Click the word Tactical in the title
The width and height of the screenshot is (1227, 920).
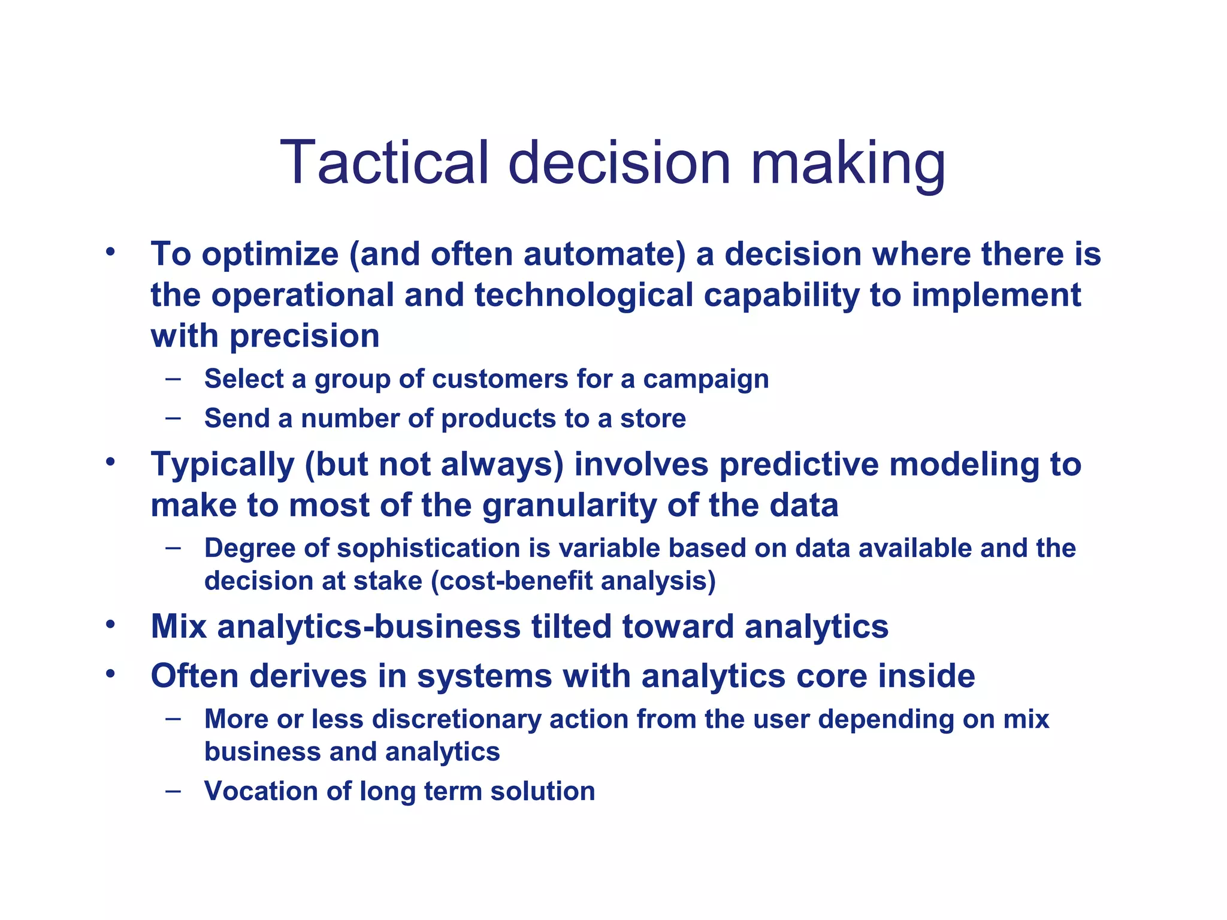pos(384,163)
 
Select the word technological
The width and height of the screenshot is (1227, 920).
pos(584,295)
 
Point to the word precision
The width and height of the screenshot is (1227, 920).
pos(305,336)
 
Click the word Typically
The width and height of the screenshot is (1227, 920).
pos(222,465)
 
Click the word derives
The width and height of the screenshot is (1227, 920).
pos(308,676)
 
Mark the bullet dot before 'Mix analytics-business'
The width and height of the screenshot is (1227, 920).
pos(110,624)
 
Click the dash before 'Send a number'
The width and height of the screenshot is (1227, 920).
pos(173,417)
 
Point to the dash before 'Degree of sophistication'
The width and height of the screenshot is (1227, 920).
pos(173,547)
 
